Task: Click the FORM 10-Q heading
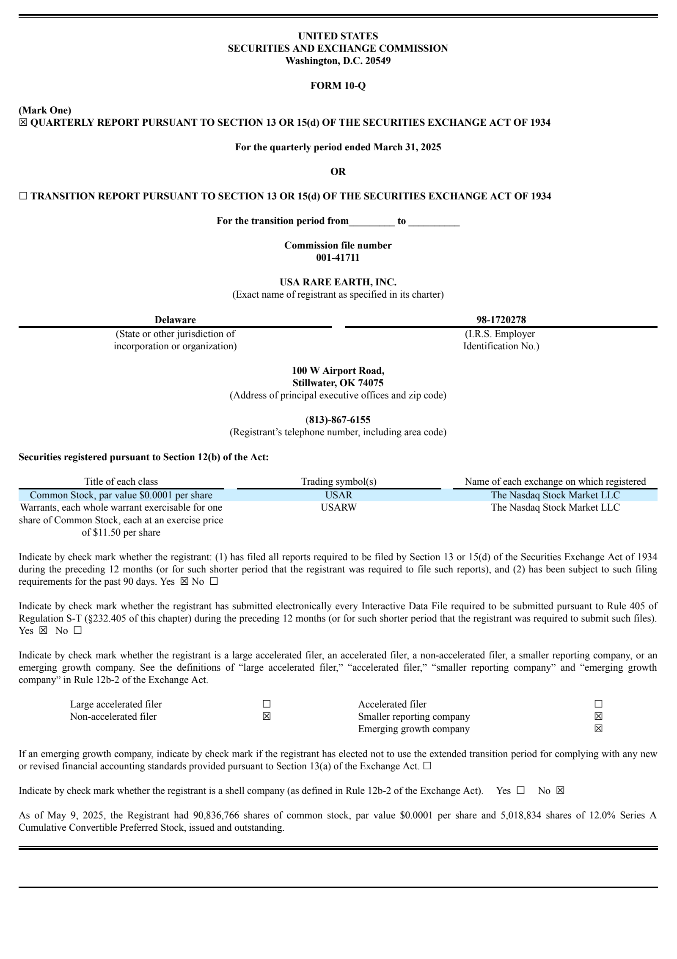338,86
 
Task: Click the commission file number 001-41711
338,257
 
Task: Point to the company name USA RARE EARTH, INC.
338,282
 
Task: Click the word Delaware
175,320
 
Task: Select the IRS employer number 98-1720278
501,320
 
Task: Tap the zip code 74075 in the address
370,383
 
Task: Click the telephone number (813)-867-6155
338,420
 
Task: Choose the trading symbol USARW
338,507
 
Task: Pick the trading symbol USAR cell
338,495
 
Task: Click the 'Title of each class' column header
121,481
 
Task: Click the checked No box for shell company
560,790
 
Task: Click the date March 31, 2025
407,147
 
